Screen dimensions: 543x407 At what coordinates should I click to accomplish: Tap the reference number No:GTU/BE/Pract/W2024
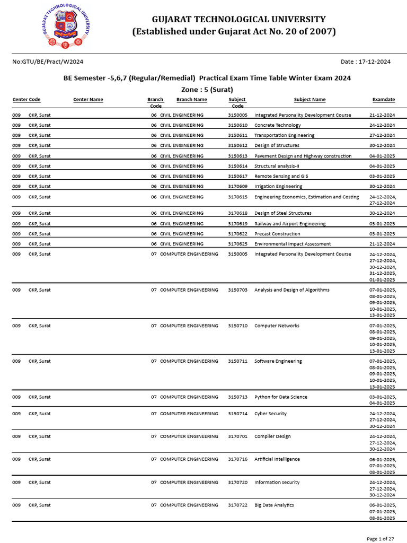47,62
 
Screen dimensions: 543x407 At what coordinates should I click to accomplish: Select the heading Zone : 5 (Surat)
207,89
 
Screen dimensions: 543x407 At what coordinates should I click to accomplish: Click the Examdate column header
383,100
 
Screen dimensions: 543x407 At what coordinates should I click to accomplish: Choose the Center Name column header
88,100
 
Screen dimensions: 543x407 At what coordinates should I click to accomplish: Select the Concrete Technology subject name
277,125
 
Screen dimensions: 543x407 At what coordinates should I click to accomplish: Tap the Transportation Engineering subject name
284,135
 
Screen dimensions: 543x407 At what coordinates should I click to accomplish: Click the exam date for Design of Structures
382,145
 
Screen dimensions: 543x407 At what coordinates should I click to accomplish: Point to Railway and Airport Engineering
290,224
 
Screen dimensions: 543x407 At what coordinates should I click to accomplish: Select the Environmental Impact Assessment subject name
293,244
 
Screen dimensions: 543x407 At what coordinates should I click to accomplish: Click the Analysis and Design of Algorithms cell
291,290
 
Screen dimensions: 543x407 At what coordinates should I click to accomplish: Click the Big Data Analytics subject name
274,505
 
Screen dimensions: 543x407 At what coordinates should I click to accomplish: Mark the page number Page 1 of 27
380,539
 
